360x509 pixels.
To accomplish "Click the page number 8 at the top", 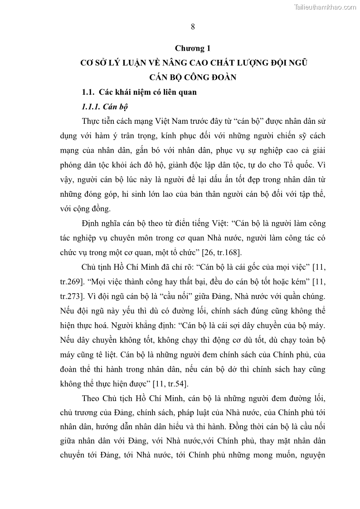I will [193, 26].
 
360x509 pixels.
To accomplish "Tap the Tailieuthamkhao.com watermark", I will [325, 7].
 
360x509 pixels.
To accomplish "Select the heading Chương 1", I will [193, 48].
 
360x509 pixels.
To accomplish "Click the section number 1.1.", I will [87, 92].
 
